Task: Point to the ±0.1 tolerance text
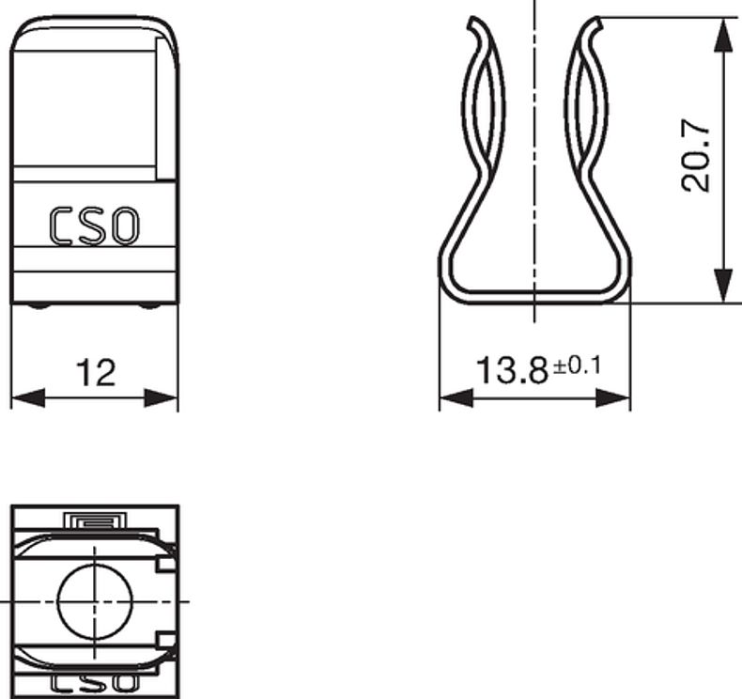coord(577,365)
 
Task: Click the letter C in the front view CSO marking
coord(63,227)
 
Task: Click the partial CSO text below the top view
coord(94,683)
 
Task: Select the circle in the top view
coord(95,599)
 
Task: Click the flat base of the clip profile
coord(534,298)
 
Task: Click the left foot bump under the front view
coord(36,305)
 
